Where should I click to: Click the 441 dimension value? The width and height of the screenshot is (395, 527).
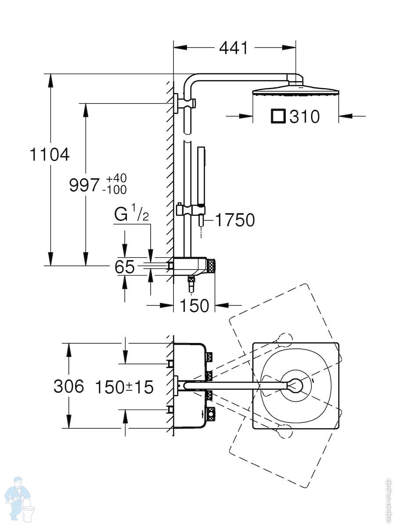(x=233, y=48)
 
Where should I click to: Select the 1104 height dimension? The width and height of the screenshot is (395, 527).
(x=50, y=155)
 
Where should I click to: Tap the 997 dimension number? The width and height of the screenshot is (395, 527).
(x=84, y=185)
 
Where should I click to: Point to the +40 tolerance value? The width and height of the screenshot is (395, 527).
(x=116, y=178)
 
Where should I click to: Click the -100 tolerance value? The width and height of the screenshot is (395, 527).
(x=115, y=190)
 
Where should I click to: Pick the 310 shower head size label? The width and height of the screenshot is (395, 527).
(x=304, y=117)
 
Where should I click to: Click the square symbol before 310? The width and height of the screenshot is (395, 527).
(x=278, y=116)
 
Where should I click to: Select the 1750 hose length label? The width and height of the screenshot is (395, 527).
(x=235, y=220)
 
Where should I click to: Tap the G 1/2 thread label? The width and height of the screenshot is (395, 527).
(x=131, y=214)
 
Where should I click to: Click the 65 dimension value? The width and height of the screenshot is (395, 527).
(x=125, y=267)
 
